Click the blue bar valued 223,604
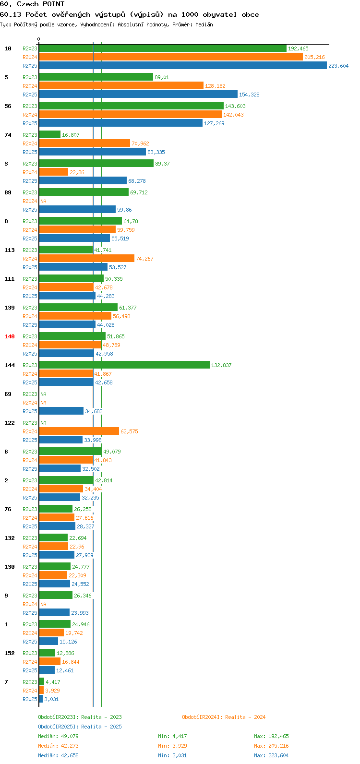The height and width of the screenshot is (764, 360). pyautogui.click(x=183, y=65)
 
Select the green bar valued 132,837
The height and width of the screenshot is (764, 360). pyautogui.click(x=124, y=365)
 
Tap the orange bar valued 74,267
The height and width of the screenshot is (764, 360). pyautogui.click(x=87, y=259)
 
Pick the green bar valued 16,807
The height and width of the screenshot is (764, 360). pyautogui.click(x=50, y=135)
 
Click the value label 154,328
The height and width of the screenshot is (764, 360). pyautogui.click(x=249, y=95)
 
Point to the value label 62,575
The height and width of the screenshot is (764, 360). pyautogui.click(x=129, y=431)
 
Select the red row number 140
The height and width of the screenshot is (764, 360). pyautogui.click(x=10, y=336)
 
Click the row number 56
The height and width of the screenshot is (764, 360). pyautogui.click(x=8, y=106)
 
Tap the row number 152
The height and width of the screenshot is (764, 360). pyautogui.click(x=10, y=653)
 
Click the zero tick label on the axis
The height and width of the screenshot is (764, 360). pyautogui.click(x=38, y=39)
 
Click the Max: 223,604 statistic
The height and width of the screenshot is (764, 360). pyautogui.click(x=271, y=755)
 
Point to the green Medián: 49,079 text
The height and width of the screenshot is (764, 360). pyautogui.click(x=59, y=736)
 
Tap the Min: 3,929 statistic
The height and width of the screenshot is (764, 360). pyautogui.click(x=172, y=746)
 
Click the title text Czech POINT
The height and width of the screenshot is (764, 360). pyautogui.click(x=41, y=4)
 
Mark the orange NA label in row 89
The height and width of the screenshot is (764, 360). pyautogui.click(x=43, y=201)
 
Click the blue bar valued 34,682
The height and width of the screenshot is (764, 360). pyautogui.click(x=61, y=411)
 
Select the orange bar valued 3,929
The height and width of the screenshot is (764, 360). pyautogui.click(x=41, y=690)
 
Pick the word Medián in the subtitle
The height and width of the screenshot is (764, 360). pyautogui.click(x=204, y=24)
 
